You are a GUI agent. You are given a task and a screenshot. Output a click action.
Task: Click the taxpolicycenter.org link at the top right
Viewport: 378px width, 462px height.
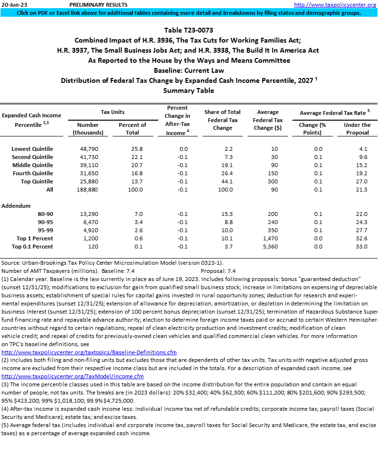pos(335,5)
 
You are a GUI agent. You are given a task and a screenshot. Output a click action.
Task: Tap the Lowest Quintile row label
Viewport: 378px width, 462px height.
pos(33,149)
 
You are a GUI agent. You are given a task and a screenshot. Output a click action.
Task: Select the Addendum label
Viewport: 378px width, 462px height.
pos(16,205)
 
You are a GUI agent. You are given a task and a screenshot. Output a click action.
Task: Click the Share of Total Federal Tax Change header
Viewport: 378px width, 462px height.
pos(222,120)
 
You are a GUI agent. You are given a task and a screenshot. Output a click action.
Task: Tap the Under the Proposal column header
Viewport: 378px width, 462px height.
pos(357,128)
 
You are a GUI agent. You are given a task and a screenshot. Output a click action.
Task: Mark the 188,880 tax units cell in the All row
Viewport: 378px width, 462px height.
pos(88,190)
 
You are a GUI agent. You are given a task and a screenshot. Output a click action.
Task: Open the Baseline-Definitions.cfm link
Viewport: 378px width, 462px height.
pos(89,353)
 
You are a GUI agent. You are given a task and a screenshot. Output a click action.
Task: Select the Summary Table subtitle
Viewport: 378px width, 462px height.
pos(188,90)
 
